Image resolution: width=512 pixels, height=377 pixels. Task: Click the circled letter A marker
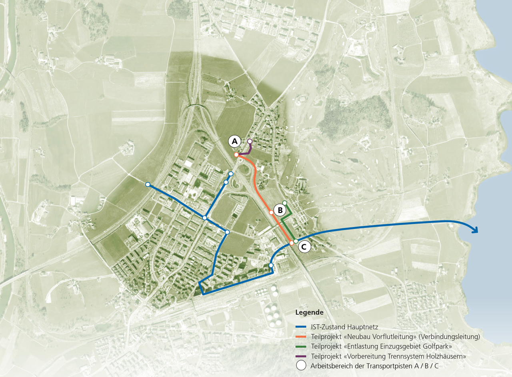235,141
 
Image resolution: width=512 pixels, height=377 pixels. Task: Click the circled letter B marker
280,210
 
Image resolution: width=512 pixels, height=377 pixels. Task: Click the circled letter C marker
304,247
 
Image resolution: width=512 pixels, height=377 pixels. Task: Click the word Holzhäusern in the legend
448,356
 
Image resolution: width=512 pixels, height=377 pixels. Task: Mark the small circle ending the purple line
250,141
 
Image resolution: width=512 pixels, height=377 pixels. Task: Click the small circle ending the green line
284,202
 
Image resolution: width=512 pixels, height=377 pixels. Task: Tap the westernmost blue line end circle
148,184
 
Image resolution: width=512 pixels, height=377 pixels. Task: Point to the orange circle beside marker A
236,154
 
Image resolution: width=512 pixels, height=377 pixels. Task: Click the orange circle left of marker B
271,213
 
